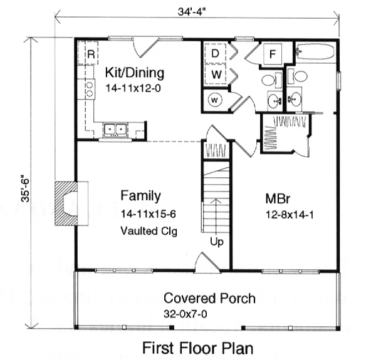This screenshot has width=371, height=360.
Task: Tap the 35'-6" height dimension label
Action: (25, 188)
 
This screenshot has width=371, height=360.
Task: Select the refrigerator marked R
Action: (88, 53)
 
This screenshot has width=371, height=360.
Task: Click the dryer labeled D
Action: (215, 53)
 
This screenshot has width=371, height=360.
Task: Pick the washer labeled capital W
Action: (216, 74)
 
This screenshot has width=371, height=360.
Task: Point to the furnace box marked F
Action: (273, 54)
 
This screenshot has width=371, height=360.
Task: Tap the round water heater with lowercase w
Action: (215, 100)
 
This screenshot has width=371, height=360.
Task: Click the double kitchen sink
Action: (115, 130)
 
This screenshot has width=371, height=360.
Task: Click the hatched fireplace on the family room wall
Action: (66, 203)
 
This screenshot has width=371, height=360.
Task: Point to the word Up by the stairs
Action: (217, 242)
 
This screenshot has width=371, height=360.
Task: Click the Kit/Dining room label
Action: (135, 73)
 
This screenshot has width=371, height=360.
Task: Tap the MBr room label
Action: (278, 199)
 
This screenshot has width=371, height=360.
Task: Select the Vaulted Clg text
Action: (149, 231)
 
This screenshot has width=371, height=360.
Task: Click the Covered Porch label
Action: (209, 298)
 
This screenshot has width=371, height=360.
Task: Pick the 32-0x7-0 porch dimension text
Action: (185, 314)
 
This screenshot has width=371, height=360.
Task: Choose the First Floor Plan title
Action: (198, 348)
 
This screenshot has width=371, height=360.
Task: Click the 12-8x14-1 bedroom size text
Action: (290, 215)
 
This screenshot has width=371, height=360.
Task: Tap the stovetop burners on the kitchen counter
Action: (90, 89)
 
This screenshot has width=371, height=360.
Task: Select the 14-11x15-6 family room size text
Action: (149, 214)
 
